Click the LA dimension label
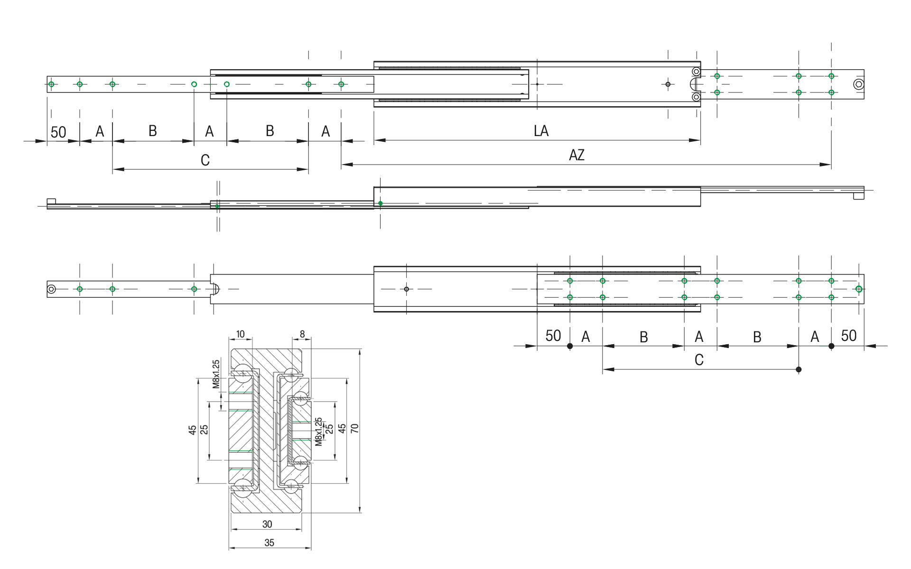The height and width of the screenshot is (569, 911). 541,131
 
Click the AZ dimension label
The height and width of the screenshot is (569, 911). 576,155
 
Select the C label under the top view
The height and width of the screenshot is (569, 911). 205,160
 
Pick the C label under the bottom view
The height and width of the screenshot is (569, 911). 699,360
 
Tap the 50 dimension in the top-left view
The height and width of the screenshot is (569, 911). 58,132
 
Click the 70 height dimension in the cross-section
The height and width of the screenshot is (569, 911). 354,428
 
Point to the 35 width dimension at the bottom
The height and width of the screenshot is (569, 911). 269,543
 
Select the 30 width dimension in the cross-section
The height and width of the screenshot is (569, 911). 267,524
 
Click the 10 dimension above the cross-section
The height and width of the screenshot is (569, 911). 241,334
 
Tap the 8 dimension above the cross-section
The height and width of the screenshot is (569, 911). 302,334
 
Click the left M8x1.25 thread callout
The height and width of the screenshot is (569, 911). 216,374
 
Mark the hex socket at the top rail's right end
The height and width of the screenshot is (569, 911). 858,85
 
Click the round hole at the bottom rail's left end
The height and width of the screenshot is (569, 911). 52,289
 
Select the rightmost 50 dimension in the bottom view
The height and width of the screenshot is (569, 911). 848,336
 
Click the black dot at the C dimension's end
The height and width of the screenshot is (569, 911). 799,369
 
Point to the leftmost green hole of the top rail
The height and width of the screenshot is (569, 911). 51,84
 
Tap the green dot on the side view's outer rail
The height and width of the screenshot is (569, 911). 381,203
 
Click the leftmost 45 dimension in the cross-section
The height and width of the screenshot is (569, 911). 192,430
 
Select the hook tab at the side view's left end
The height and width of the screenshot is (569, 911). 52,202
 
